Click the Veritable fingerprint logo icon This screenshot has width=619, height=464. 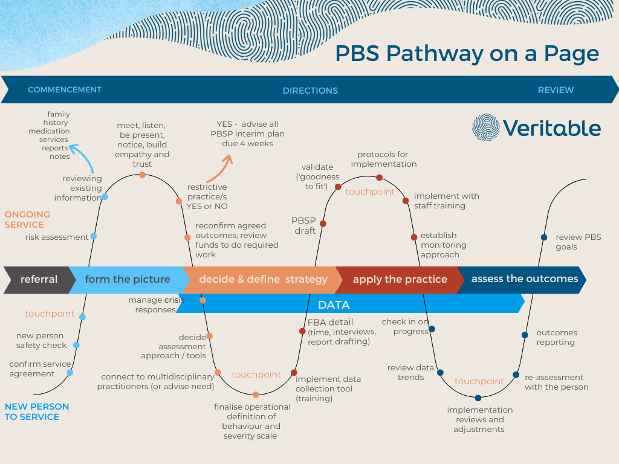486,127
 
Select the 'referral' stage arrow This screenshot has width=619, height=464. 38,279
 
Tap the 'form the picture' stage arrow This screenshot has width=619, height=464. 127,279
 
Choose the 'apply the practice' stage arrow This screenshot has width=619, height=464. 400,279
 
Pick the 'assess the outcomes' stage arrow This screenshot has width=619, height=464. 524,279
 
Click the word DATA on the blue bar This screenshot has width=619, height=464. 334,305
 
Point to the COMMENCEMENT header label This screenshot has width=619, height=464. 65,89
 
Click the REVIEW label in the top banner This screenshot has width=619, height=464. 556,90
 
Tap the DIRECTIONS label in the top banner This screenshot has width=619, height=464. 310,91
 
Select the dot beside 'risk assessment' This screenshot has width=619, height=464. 93,236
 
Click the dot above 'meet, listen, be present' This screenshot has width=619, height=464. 142,175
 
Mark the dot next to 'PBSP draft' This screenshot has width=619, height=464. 323,224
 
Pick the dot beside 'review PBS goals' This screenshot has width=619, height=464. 544,237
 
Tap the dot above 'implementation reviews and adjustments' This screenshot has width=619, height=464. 478,398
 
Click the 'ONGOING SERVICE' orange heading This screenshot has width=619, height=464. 27,219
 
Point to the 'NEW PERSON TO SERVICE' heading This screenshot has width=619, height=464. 36,411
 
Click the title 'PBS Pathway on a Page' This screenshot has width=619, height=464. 467,53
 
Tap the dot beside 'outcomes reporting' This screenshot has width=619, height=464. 524,334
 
